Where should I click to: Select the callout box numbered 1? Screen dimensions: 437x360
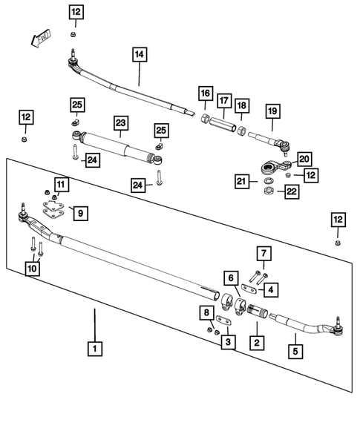click(94, 346)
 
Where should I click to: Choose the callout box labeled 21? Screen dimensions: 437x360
click(241, 181)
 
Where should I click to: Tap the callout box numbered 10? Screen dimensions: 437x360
click(32, 268)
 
